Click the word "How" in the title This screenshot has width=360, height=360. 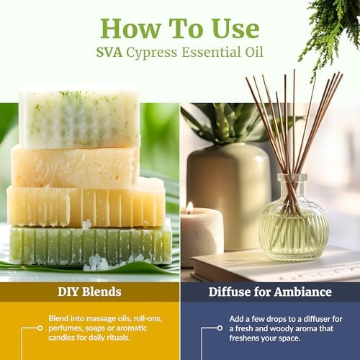click(130, 28)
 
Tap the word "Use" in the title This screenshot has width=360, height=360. click(235, 28)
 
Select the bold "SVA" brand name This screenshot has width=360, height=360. click(109, 53)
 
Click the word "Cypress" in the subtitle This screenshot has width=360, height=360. click(152, 53)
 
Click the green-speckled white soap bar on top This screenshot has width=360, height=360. click(79, 117)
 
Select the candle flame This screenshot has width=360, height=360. click(190, 207)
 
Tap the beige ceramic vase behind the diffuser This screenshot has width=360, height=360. click(228, 196)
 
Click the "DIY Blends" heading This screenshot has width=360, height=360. click(89, 292)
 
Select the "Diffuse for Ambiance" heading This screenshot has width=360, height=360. click(270, 292)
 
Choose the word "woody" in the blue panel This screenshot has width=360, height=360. click(266, 329)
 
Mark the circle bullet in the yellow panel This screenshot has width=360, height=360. click(40, 328)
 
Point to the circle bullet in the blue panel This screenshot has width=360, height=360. click(220, 328)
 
